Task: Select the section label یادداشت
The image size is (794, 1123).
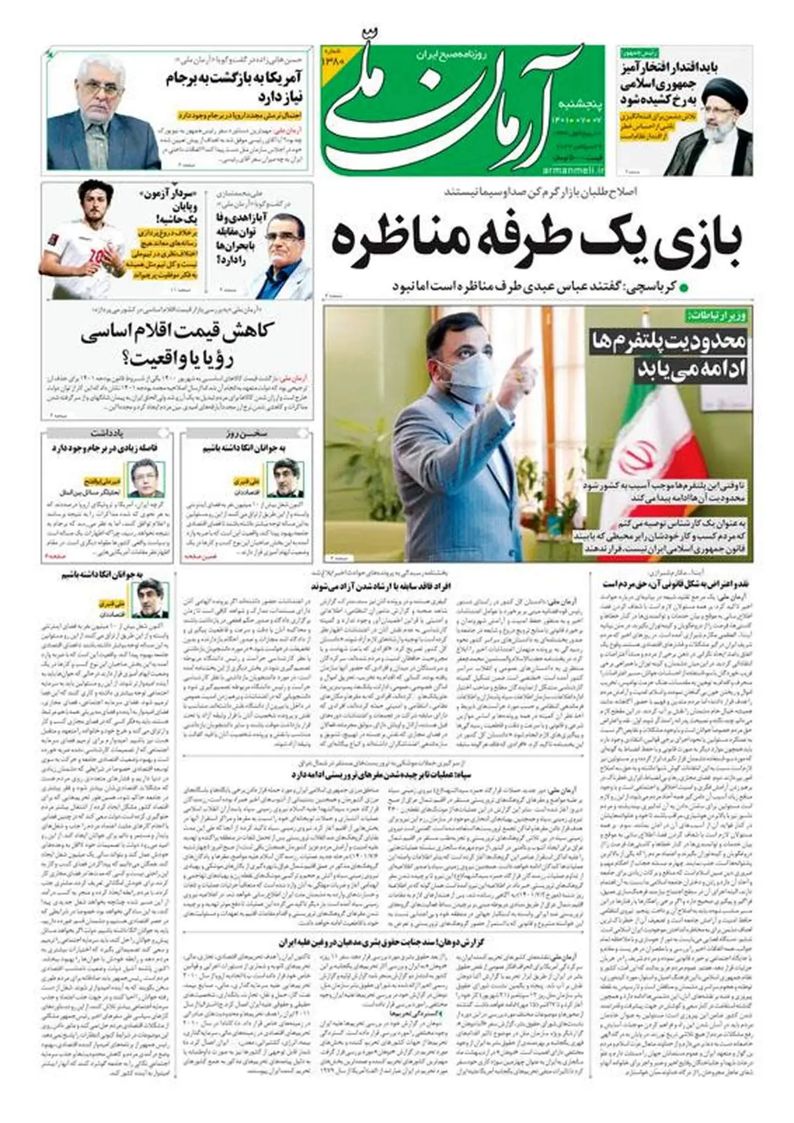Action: pyautogui.click(x=107, y=434)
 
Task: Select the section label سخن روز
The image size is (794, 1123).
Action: pyautogui.click(x=245, y=434)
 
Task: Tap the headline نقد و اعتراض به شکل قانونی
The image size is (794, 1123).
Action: pyautogui.click(x=678, y=584)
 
